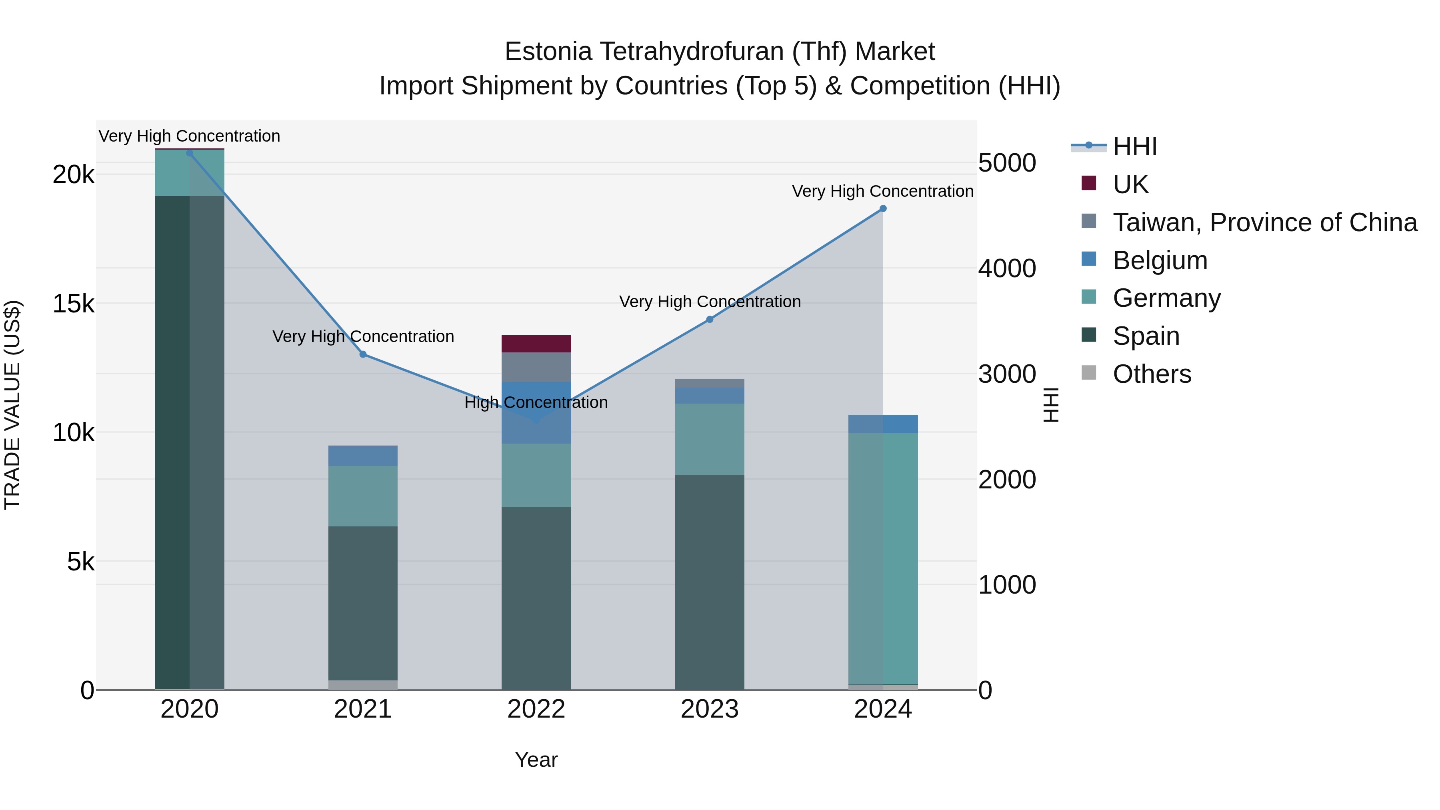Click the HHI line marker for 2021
[x=363, y=354]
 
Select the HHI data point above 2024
[x=883, y=208]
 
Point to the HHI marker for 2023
[x=709, y=319]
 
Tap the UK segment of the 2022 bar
[x=536, y=343]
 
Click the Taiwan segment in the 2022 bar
[x=536, y=367]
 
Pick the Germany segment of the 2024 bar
[x=883, y=559]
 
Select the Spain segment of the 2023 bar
[x=709, y=581]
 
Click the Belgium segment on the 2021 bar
[x=363, y=456]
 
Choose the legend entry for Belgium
[x=1159, y=260]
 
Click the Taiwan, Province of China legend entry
[x=1264, y=222]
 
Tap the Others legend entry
[x=1152, y=374]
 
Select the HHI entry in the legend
[x=1134, y=146]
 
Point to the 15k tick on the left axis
[x=73, y=304]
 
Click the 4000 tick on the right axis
[x=1007, y=268]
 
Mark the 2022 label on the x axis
[x=536, y=709]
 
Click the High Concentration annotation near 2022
[x=536, y=402]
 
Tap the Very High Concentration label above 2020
[x=190, y=136]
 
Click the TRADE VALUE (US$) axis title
[x=12, y=405]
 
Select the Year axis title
[x=536, y=760]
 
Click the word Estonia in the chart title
[x=548, y=52]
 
